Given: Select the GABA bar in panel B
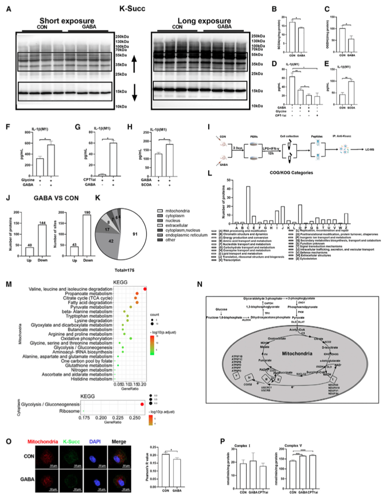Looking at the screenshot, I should point(301,39).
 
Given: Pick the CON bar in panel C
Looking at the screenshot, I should point(342,40).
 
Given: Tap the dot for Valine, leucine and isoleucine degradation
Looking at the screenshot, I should point(145,289).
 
